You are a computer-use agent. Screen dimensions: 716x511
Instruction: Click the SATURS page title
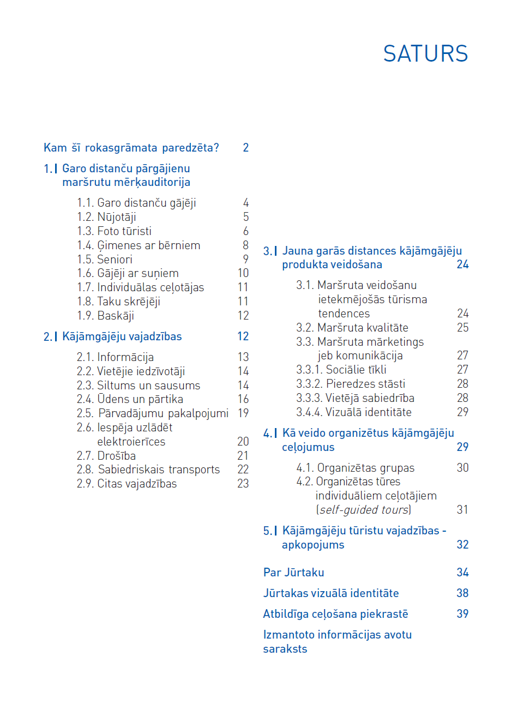(425, 53)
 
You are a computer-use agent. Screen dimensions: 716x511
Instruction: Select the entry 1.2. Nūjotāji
(106, 217)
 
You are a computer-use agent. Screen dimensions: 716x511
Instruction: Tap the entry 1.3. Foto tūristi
(115, 231)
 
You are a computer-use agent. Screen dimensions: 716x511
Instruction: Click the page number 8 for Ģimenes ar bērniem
(245, 245)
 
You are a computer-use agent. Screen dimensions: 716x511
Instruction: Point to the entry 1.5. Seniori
(105, 260)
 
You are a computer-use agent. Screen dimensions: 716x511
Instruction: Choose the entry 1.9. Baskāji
(105, 316)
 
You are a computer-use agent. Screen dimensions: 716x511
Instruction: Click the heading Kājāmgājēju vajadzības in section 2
(122, 336)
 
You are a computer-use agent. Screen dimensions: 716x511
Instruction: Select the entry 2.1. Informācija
(115, 357)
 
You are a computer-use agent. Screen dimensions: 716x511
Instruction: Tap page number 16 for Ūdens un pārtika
(243, 399)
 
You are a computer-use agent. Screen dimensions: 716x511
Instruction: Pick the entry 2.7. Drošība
(106, 456)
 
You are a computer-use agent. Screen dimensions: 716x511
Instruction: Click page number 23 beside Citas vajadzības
(243, 484)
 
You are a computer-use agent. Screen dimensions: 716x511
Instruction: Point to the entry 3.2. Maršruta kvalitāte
(352, 328)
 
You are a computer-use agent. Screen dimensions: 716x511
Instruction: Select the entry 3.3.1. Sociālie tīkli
(341, 370)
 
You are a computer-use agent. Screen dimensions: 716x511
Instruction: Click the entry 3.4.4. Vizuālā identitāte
(354, 412)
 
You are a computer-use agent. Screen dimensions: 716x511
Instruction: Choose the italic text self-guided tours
(364, 510)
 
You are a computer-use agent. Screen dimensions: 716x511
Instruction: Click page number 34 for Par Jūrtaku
(462, 573)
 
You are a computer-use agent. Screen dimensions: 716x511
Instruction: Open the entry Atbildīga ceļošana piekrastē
(335, 614)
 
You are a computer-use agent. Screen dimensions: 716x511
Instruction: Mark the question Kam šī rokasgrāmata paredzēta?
(131, 148)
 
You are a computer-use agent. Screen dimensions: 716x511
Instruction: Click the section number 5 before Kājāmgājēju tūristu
(267, 531)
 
